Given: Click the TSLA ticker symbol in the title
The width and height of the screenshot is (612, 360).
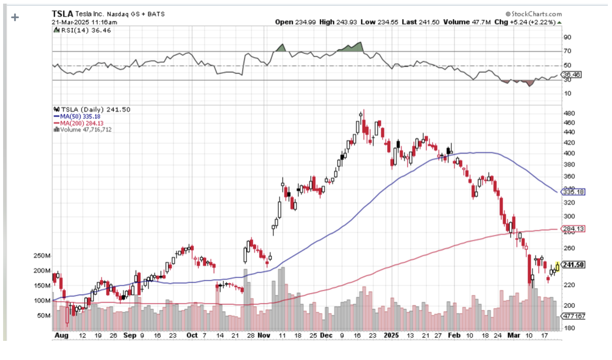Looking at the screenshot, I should click(63, 14).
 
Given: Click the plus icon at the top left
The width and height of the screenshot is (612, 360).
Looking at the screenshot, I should click(15, 17).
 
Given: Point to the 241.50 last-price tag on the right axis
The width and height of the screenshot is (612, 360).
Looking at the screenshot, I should click(573, 265).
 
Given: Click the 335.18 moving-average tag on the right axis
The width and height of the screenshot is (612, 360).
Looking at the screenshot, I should click(573, 192).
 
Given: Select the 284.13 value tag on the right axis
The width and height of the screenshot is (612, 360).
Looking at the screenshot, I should click(573, 229).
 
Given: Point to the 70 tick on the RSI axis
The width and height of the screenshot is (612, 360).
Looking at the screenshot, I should click(568, 51).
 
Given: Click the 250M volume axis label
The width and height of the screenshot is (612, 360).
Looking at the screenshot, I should click(41, 256).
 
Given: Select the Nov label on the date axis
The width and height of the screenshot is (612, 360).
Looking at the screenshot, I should click(265, 335).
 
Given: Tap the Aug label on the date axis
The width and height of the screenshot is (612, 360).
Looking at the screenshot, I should click(61, 335).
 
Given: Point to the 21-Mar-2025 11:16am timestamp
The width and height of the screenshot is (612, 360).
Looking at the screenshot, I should click(85, 22).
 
